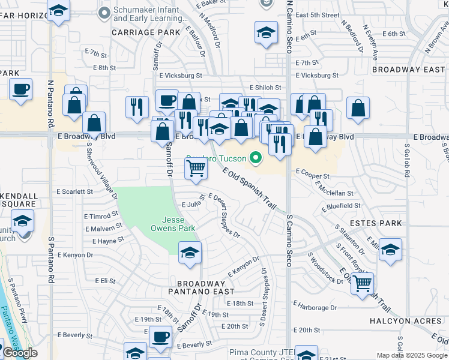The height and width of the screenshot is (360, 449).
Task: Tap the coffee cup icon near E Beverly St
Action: pyautogui.click(x=160, y=337)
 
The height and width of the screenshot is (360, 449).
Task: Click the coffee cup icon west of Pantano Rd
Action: pyautogui.click(x=21, y=89)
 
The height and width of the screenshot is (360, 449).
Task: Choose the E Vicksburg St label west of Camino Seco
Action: pyautogui.click(x=181, y=76)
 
